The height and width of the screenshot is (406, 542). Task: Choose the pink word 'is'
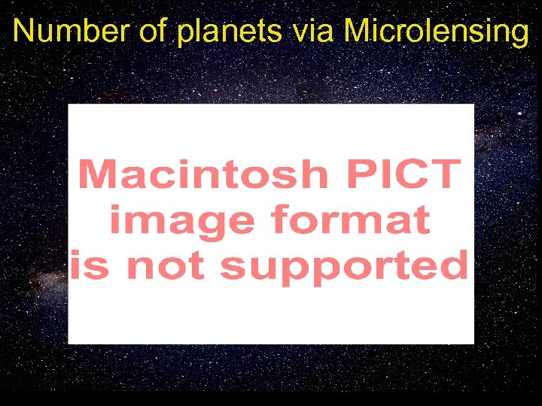point(90,267)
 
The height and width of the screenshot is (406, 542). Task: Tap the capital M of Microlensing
point(358,31)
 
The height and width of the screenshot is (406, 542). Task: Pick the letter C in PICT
point(414,175)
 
